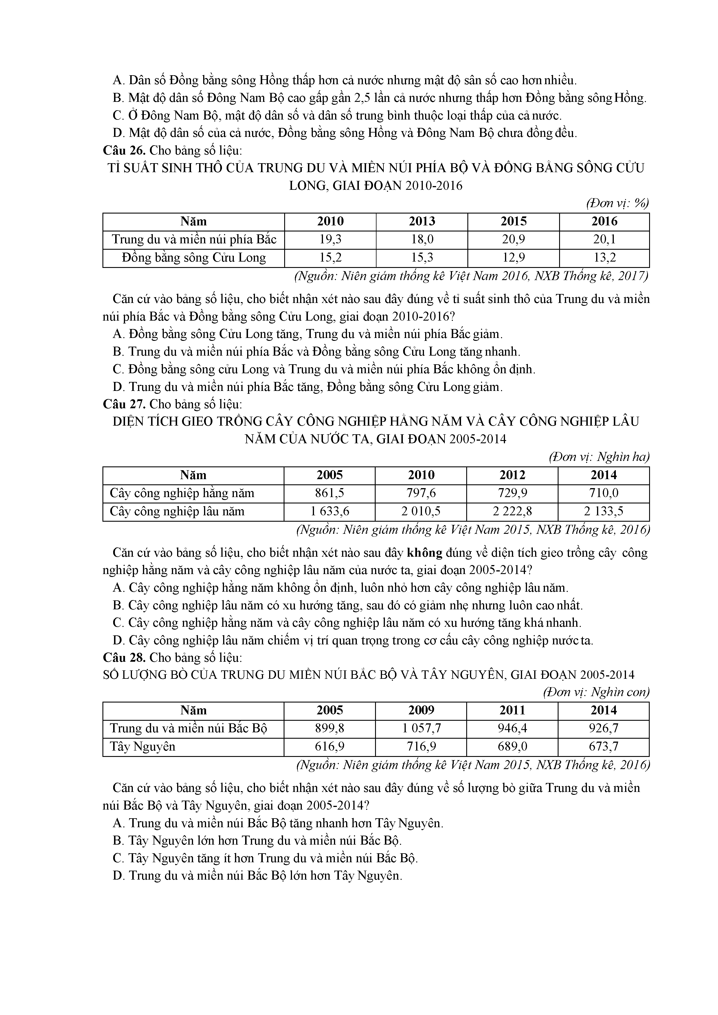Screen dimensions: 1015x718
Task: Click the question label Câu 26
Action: point(124,150)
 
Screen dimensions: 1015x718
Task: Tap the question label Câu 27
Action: point(124,404)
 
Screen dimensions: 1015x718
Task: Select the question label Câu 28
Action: point(124,657)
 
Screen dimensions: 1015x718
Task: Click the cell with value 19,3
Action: point(330,240)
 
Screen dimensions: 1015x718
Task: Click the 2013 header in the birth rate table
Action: point(422,221)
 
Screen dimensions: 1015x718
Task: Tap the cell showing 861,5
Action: point(329,493)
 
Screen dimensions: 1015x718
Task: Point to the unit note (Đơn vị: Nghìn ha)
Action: point(599,457)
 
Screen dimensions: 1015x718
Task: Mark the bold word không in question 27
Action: point(425,553)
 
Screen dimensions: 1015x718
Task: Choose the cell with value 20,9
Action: point(513,240)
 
